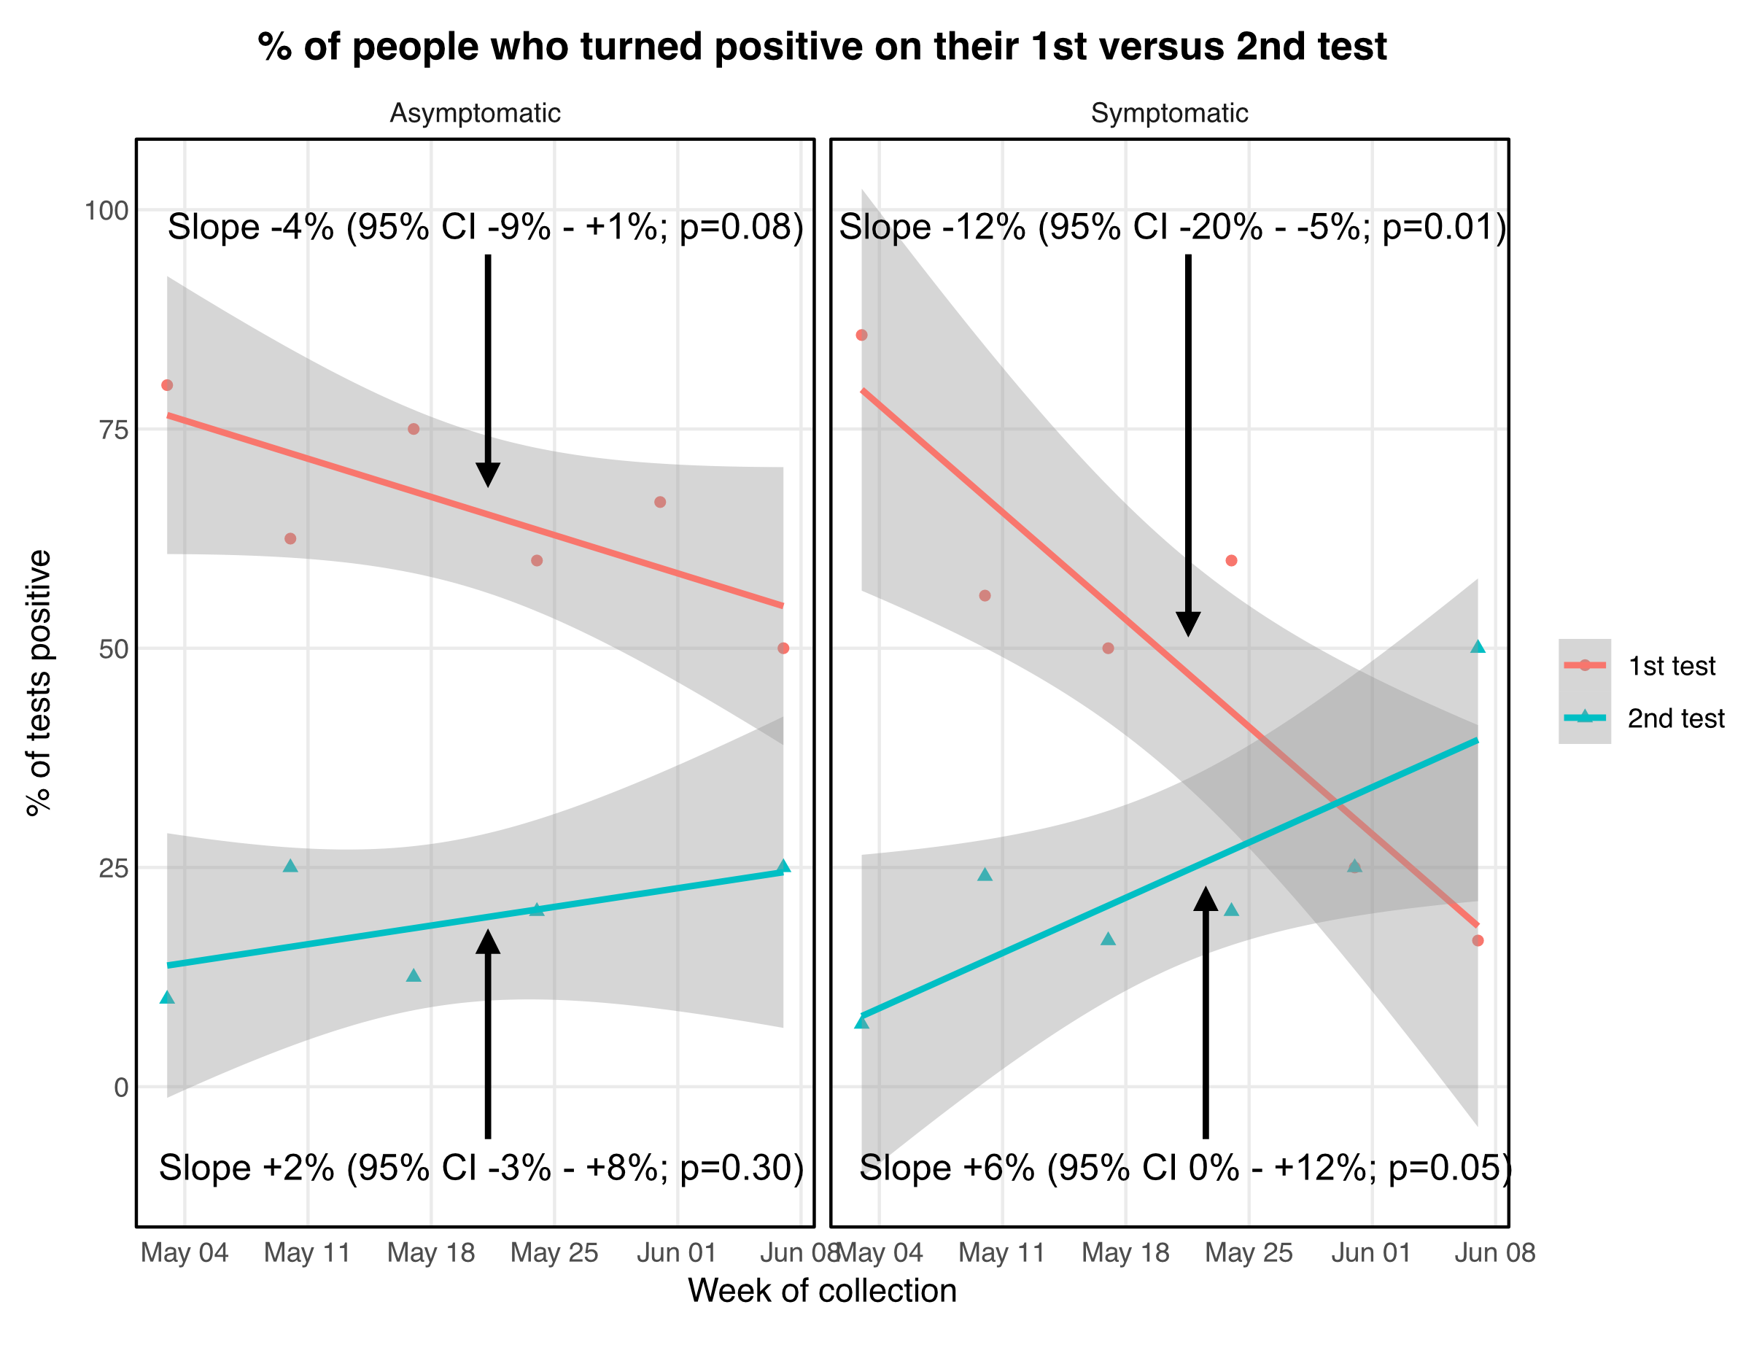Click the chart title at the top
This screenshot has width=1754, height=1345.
[x=821, y=47]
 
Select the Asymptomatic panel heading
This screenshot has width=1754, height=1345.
[x=475, y=113]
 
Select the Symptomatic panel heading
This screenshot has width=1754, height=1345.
[x=1169, y=113]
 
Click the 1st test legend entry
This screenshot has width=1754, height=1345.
[x=1671, y=666]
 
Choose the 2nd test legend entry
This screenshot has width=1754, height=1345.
[x=1675, y=719]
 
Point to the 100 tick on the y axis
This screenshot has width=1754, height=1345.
[x=106, y=211]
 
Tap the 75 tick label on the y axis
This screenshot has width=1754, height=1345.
[x=113, y=430]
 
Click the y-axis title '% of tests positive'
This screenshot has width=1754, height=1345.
[x=39, y=683]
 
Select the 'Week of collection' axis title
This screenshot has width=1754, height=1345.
[x=822, y=1290]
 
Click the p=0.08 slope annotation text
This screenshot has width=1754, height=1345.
[x=485, y=228]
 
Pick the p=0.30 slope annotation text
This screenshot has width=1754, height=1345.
[x=481, y=1168]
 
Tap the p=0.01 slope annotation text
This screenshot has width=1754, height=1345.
[x=1172, y=228]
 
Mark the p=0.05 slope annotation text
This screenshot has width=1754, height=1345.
[x=1185, y=1168]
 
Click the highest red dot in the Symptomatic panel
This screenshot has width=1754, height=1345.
[x=861, y=335]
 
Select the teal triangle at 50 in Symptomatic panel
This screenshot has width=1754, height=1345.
[x=1478, y=647]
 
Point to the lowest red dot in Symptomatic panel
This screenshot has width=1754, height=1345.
[x=1478, y=941]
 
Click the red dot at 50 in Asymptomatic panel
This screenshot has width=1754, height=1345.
[x=783, y=648]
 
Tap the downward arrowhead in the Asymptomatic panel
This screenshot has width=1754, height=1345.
[x=487, y=475]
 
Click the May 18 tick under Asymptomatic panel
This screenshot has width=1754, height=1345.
[x=431, y=1253]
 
